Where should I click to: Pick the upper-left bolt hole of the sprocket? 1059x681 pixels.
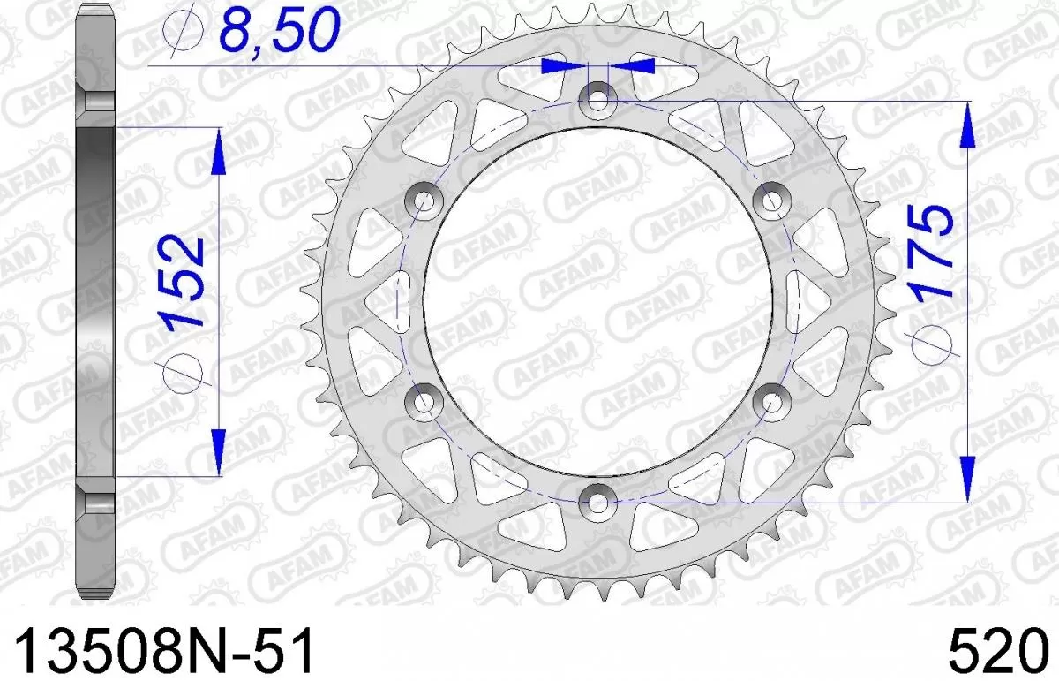pyautogui.click(x=425, y=201)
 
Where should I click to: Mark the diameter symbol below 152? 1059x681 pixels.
pyautogui.click(x=184, y=369)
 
